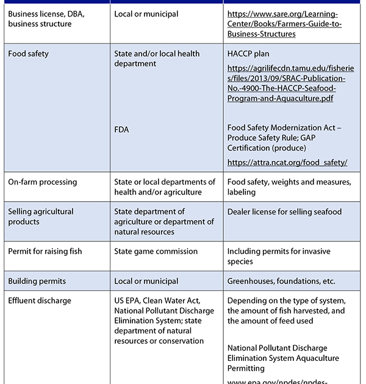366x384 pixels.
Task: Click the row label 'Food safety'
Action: coord(28,54)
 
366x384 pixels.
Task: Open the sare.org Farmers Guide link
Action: coord(284,24)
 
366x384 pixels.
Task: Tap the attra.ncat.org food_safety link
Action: coord(287,162)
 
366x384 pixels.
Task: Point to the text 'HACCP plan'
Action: coord(248,54)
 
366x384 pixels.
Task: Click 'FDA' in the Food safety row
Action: coord(121,129)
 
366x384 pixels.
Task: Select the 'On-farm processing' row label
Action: coord(43,182)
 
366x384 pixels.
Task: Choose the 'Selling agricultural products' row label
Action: coord(41,216)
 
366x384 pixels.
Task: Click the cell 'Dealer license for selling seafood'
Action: coord(284,212)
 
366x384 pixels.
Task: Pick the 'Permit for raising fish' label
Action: coord(45,251)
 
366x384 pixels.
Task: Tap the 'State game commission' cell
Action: coord(156,251)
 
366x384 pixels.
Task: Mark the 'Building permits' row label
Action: coord(37,281)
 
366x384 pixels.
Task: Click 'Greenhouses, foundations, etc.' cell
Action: coord(281,281)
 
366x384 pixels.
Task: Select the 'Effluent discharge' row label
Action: coord(40,300)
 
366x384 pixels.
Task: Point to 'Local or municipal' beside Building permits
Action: coord(146,281)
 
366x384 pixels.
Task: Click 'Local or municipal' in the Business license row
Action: coord(146,14)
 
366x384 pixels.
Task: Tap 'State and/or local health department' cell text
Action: coord(157,59)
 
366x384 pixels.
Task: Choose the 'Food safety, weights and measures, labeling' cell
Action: coord(289,187)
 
